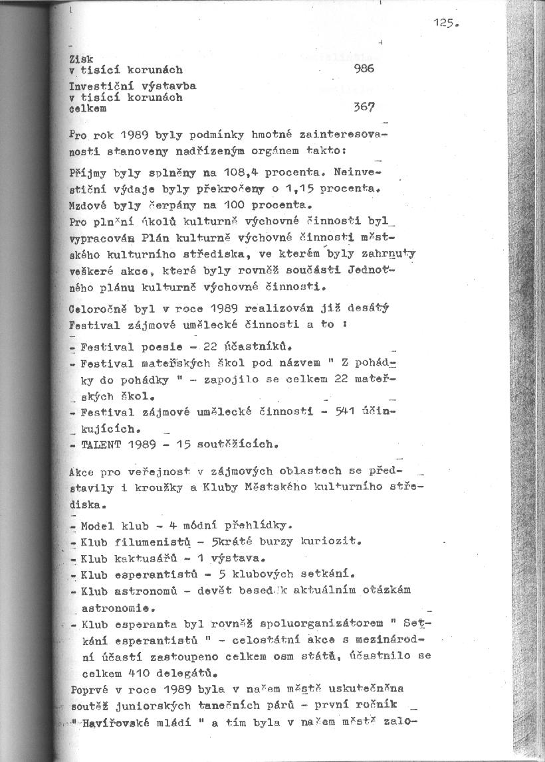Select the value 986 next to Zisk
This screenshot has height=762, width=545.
[x=365, y=68]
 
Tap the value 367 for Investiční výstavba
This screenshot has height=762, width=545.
[x=365, y=107]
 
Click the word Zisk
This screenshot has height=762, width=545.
[x=80, y=59]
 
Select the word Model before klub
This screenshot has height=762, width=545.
[x=96, y=526]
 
